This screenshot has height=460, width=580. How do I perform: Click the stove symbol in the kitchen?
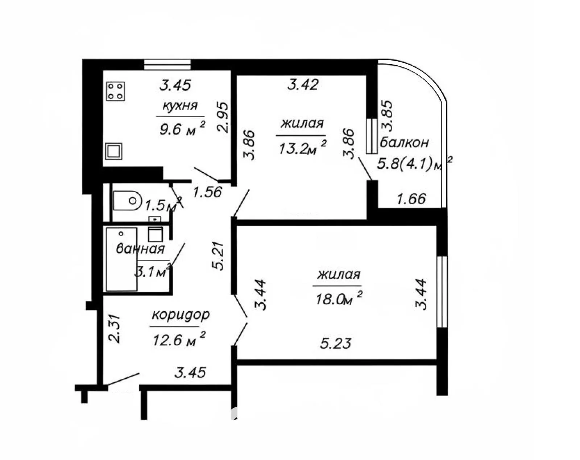(116, 91)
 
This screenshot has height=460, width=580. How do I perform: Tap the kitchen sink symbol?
(113, 151)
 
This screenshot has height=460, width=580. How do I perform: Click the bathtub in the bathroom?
(121, 259)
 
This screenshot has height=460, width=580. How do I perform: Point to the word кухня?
(180, 106)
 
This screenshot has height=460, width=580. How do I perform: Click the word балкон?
(404, 142)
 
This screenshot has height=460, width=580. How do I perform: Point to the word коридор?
(181, 315)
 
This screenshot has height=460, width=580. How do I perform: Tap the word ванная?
(140, 249)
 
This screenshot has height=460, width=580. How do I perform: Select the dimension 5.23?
(336, 344)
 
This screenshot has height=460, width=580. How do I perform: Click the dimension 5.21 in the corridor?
(218, 256)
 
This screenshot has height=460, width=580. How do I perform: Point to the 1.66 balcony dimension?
(411, 199)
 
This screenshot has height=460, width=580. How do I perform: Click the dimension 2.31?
(114, 328)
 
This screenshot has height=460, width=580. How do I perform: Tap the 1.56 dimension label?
(207, 192)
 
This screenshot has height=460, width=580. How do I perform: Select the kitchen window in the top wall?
(167, 65)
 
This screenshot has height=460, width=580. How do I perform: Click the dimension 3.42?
(303, 85)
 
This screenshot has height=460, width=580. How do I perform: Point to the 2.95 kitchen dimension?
(223, 117)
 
